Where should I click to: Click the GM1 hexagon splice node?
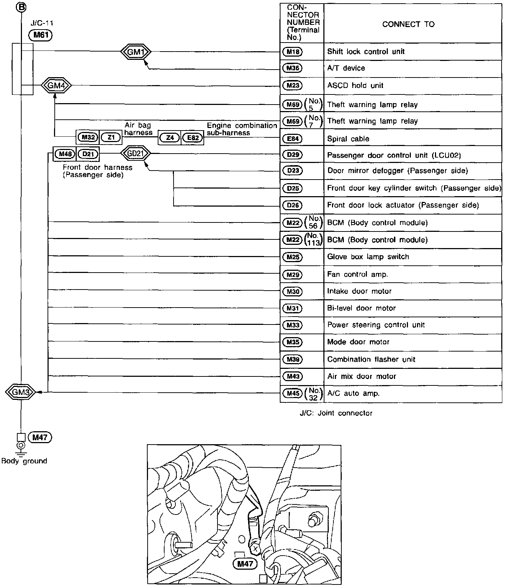[135, 52]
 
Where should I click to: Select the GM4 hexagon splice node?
[56, 86]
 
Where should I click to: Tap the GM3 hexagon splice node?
[21, 392]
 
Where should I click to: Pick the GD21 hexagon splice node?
[135, 154]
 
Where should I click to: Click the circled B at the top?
[21, 6]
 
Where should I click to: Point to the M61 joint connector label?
[41, 35]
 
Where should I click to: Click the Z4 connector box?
[169, 138]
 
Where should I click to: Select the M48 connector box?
[65, 154]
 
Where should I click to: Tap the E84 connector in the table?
[292, 139]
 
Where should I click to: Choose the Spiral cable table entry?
[348, 139]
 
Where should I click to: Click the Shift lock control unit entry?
[365, 52]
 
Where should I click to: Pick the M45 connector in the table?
[292, 393]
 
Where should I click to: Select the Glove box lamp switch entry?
[368, 257]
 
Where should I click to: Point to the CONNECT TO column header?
[408, 24]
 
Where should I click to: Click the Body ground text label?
[24, 461]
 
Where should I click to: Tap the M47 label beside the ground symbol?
[40, 437]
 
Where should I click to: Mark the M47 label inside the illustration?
[245, 564]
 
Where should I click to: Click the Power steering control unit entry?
[376, 325]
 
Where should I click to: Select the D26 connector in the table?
[292, 206]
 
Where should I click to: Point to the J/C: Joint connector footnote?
[336, 413]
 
